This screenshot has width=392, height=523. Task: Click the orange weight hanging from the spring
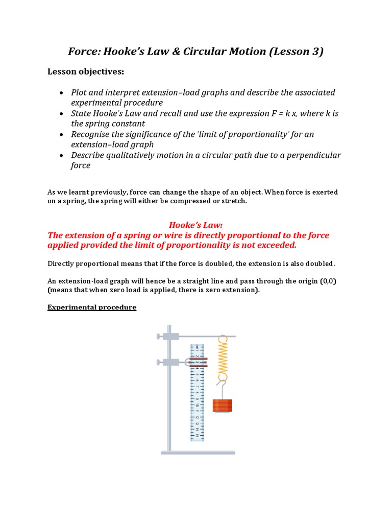click(222, 406)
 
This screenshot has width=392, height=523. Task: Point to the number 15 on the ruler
click(197, 435)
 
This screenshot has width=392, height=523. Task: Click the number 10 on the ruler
click(197, 405)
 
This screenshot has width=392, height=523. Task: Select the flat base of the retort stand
click(198, 452)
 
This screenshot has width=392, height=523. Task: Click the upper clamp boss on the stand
click(170, 336)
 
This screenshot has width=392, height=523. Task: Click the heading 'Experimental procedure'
click(92, 307)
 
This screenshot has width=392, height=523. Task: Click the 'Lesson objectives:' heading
click(86, 72)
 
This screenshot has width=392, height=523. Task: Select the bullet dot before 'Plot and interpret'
click(61, 93)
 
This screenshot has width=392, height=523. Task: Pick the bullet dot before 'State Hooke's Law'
click(61, 114)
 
